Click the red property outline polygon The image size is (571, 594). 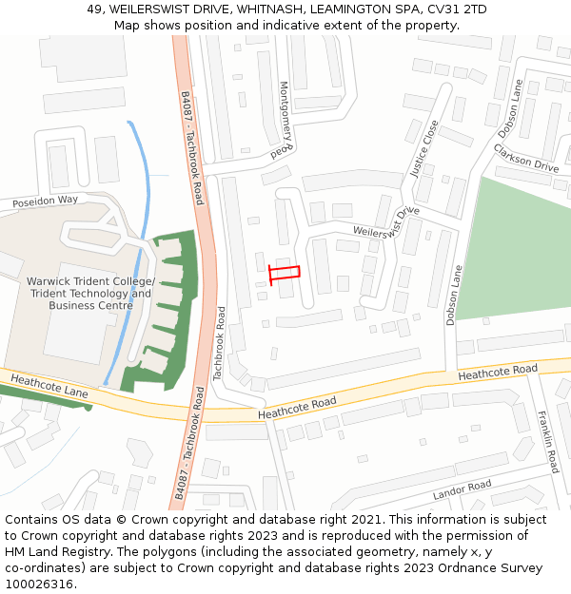coord(285,274)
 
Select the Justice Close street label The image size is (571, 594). coord(424,149)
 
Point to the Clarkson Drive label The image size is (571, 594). coord(525,158)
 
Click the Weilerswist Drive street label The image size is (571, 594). coord(385,224)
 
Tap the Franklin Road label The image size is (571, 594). coord(547,442)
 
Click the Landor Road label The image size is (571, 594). coord(462,490)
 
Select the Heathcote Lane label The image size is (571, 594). coord(49,386)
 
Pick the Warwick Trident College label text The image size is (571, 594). coord(89,282)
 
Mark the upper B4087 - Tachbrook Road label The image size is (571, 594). coord(191,147)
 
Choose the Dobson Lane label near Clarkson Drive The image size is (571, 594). coord(504,108)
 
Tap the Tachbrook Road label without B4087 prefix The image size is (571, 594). coord(220,343)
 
